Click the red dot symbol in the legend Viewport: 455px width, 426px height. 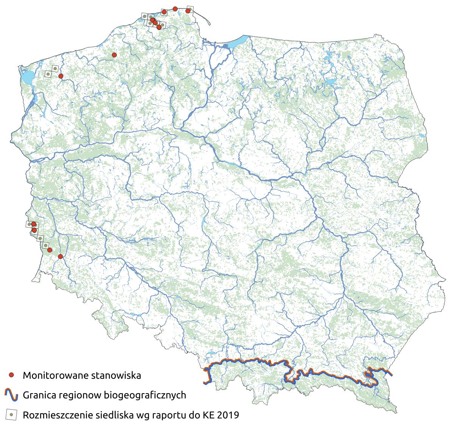[11, 375]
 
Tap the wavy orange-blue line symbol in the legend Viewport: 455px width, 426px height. [11, 395]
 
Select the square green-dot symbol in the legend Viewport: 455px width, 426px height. [11, 415]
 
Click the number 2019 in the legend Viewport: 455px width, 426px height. [228, 415]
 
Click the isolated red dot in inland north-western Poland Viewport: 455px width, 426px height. [114, 55]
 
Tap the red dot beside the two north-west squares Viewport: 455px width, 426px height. [61, 76]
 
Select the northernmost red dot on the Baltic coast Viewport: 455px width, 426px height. [175, 8]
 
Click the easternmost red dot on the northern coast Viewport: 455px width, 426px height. [188, 11]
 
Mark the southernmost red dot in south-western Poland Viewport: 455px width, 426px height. [60, 257]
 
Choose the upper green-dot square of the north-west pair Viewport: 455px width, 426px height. [55, 68]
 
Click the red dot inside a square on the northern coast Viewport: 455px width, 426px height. [164, 12]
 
